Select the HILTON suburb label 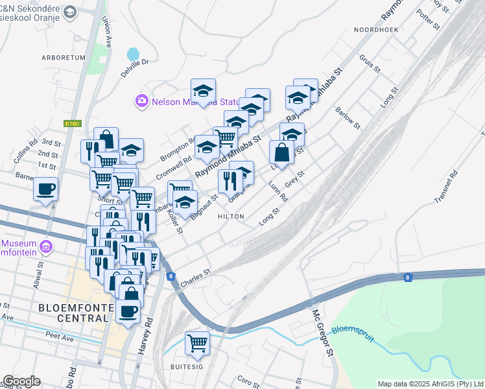(231, 217)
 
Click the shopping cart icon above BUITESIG (197, 342)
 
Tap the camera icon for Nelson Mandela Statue (141, 100)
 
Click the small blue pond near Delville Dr (133, 53)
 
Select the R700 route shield (71, 123)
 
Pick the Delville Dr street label (135, 67)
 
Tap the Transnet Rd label (447, 187)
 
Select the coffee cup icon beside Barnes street (45, 189)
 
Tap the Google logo (21, 381)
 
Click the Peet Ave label (59, 336)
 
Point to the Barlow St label (348, 115)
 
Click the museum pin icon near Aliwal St (45, 246)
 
